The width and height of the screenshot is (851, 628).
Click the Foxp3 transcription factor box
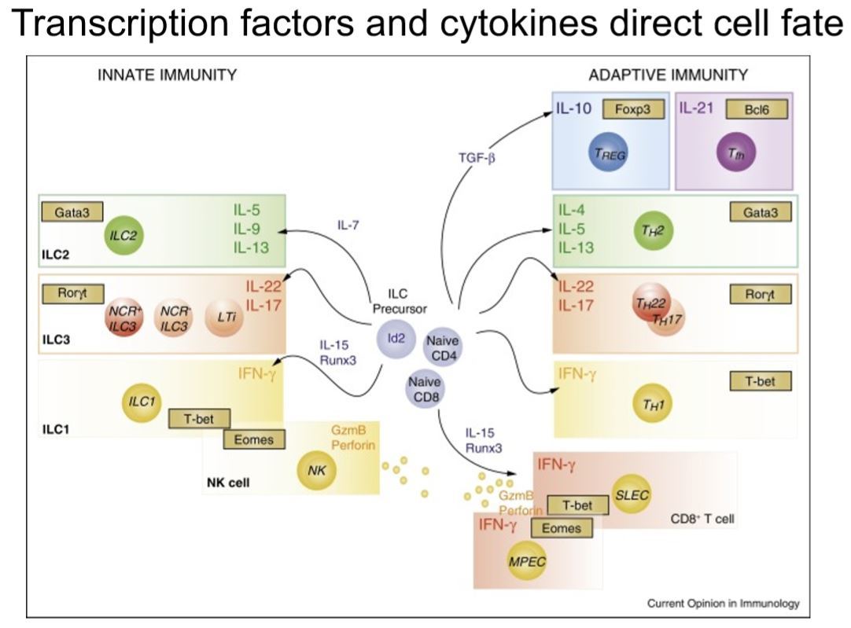click(x=633, y=109)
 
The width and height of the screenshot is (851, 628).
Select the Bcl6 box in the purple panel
click(x=756, y=109)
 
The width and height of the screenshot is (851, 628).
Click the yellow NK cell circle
click(x=317, y=470)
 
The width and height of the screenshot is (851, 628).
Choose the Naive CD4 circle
click(x=443, y=347)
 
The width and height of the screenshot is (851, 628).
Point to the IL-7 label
click(x=349, y=226)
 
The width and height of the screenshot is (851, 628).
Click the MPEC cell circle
click(x=527, y=563)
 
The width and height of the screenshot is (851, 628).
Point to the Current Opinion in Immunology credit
click(x=723, y=604)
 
